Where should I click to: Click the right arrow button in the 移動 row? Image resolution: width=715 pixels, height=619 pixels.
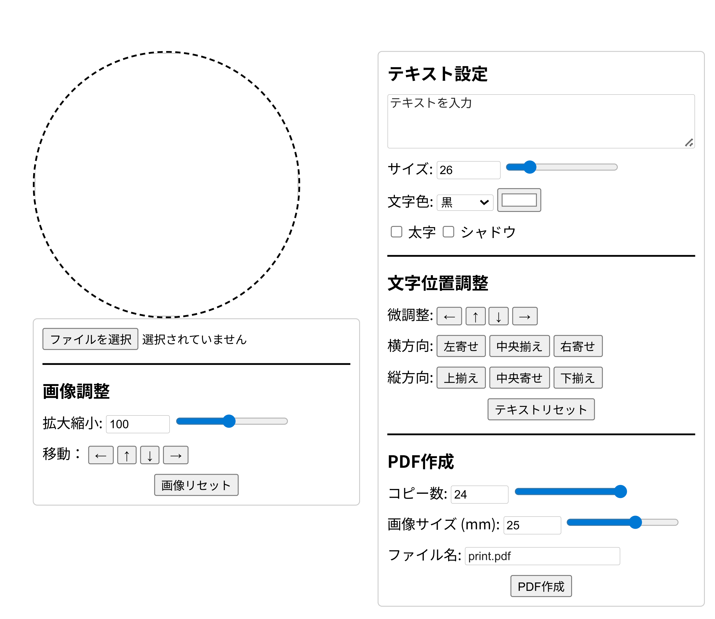(x=176, y=455)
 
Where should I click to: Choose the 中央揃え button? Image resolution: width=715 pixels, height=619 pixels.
(x=519, y=346)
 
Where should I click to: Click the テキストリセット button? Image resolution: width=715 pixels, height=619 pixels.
(x=541, y=409)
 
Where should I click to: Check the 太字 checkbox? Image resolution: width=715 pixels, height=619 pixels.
(x=396, y=232)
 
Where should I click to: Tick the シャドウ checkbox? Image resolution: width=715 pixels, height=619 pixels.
(x=448, y=232)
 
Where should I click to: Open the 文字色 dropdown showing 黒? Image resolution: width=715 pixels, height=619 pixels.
(x=465, y=202)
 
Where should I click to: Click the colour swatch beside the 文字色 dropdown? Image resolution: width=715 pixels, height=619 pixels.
(x=519, y=200)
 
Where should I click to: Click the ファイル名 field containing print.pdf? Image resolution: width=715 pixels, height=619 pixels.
(x=542, y=556)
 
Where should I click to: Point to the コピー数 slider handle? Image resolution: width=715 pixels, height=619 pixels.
(x=620, y=492)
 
